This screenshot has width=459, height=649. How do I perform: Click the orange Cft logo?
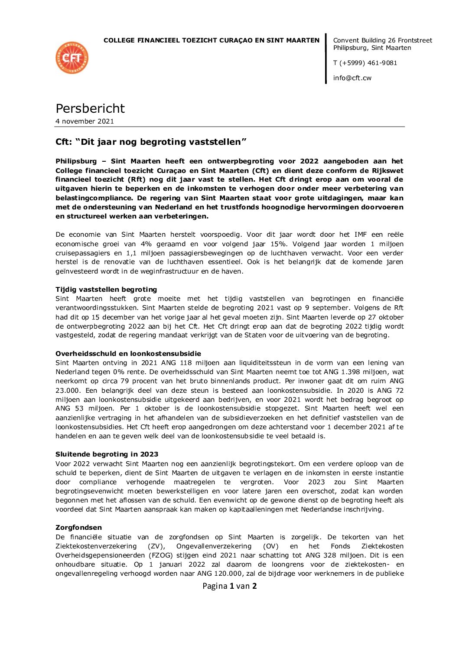coord(72,58)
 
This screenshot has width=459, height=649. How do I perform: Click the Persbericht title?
coord(90,108)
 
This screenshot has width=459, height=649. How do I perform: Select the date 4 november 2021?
coord(85,121)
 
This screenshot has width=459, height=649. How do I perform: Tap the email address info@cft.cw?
coord(352,78)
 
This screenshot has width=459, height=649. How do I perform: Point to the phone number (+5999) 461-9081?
coord(368,63)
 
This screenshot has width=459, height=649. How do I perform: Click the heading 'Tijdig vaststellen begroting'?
coord(106,290)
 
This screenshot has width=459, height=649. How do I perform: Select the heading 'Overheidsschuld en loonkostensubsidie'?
coord(128,354)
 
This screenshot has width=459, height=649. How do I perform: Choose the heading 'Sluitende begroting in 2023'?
coord(107,454)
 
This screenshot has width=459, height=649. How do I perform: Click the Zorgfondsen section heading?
coord(78,528)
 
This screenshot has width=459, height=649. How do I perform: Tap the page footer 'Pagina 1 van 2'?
coord(229,586)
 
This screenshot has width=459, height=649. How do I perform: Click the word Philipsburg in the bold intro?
coord(76,161)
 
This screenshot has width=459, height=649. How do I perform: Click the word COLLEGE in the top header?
coord(119,40)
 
